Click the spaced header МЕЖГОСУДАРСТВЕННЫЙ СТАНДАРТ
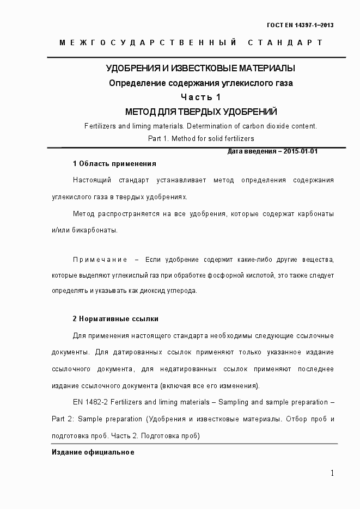coord(191,42)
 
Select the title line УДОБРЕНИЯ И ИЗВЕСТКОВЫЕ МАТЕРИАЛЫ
coord(201,69)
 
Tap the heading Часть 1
coord(201,97)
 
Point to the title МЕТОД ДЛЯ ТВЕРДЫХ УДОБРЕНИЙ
coord(201,112)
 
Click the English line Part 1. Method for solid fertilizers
coord(201,139)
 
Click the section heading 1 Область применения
coord(114,163)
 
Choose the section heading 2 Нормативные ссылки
coord(115,319)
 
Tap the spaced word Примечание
coord(100,259)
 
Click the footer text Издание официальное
coord(93,453)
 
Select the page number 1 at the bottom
coord(332,473)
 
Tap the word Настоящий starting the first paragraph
coord(89,180)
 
